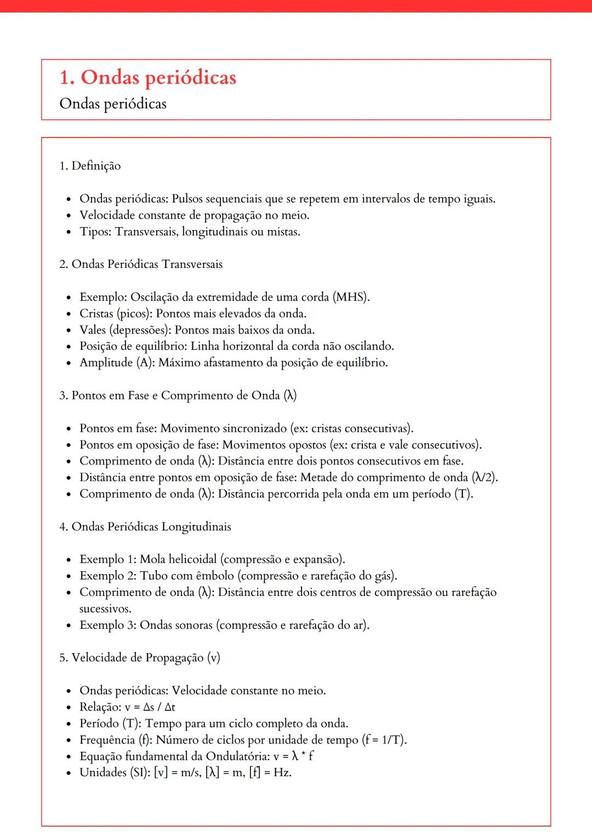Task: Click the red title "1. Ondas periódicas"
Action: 147,77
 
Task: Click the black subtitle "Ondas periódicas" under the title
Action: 113,104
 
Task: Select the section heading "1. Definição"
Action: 90,165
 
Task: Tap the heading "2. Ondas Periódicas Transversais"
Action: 141,264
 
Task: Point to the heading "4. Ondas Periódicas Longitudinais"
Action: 145,526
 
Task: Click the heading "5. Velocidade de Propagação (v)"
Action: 140,657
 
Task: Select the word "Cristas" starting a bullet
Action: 96,313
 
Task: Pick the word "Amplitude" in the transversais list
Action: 106,363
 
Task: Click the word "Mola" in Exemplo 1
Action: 152,559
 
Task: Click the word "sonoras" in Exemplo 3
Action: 192,625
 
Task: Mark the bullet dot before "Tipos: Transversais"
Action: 69,232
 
